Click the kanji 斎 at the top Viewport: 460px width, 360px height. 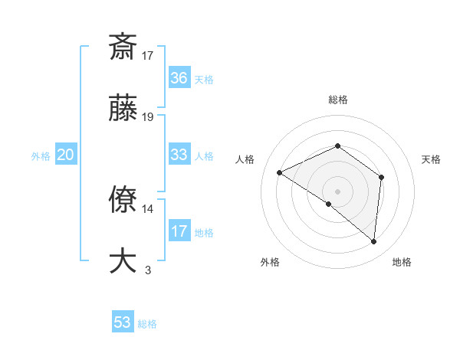tap(123, 47)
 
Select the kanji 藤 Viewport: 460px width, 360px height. tap(123, 109)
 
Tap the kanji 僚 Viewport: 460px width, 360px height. tap(123, 200)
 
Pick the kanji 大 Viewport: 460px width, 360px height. tap(123, 260)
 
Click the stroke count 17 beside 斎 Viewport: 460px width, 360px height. tap(148, 55)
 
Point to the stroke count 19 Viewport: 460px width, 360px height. tap(148, 117)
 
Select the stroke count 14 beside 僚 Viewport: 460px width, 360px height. tap(148, 208)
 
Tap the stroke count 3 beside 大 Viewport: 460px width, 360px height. tap(148, 270)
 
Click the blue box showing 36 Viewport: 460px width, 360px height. tap(179, 77)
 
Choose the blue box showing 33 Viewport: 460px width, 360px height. tap(179, 155)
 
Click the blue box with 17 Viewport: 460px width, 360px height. tap(179, 231)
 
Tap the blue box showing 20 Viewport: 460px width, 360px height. tap(65, 155)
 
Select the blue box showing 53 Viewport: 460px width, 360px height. tap(123, 322)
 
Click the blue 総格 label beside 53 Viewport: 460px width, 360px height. tap(147, 324)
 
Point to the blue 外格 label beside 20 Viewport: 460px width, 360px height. tap(41, 156)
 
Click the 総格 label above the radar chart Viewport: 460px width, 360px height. tap(337, 100)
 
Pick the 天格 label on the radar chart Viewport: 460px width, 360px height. tap(431, 159)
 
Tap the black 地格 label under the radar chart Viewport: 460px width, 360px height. tap(402, 263)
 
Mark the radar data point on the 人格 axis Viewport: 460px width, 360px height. tap(280, 173)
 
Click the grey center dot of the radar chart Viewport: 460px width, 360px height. tap(337, 191)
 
